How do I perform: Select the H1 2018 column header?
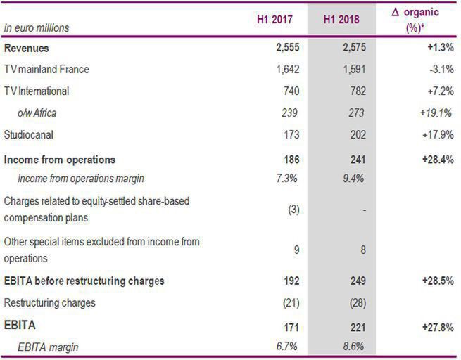point(341,18)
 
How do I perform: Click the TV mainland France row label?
point(46,70)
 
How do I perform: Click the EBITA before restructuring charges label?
point(84,281)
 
